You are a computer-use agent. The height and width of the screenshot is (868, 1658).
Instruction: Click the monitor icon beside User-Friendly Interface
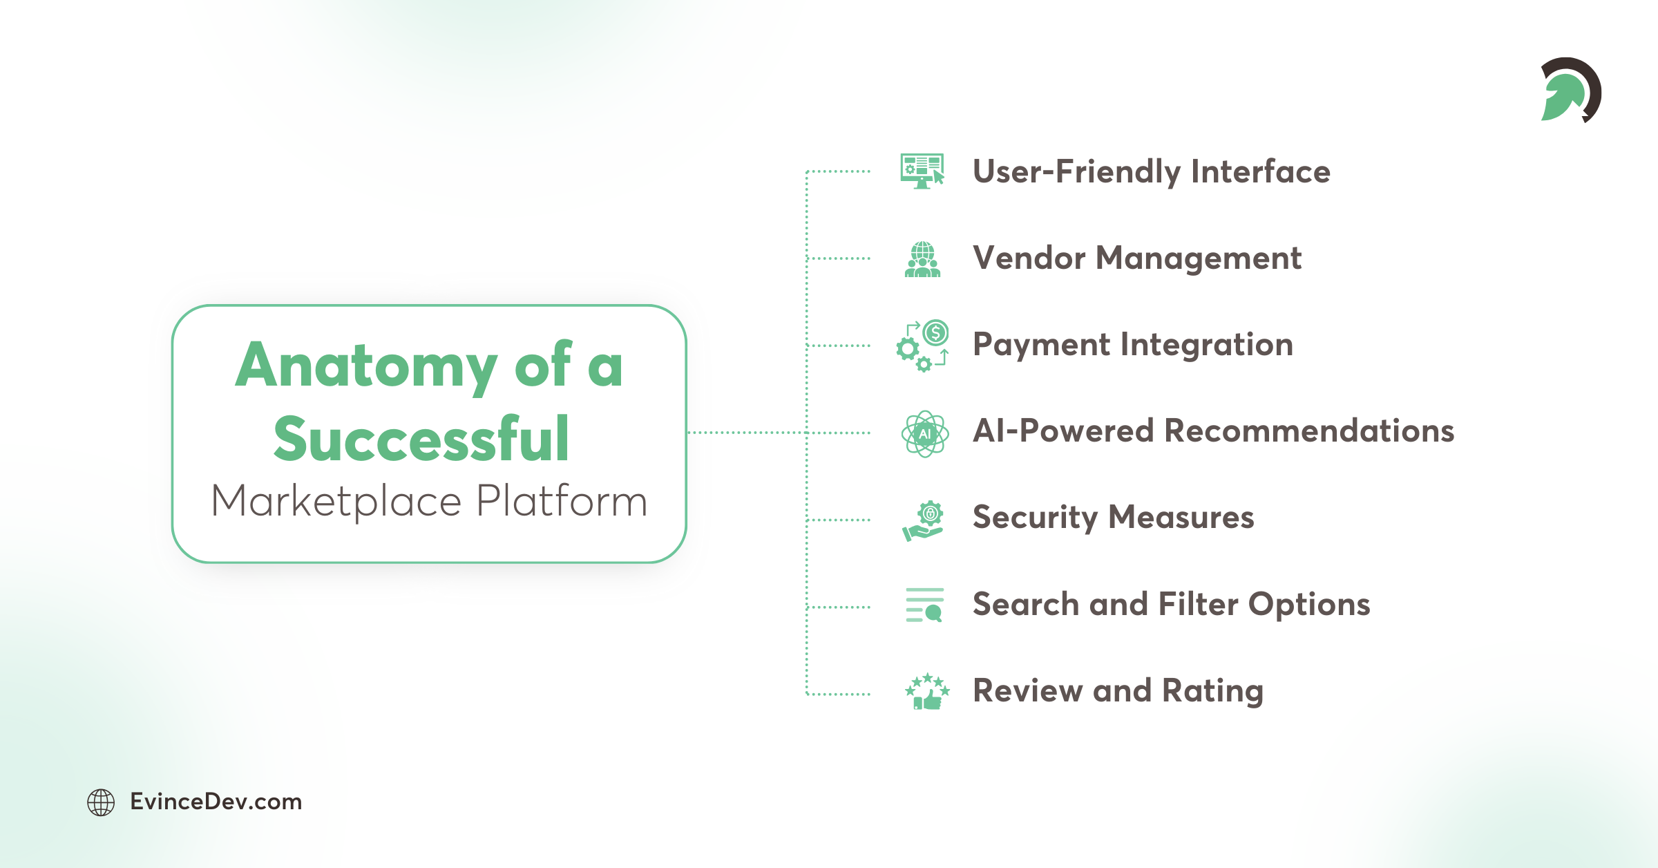(922, 171)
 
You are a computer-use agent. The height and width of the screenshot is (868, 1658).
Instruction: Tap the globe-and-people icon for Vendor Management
(922, 259)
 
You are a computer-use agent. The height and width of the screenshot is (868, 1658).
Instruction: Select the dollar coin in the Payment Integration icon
(935, 334)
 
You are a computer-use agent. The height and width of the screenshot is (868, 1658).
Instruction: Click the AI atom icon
(924, 434)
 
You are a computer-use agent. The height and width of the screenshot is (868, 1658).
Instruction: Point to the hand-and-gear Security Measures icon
(923, 521)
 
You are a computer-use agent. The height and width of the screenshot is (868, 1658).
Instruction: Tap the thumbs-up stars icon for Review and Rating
(927, 692)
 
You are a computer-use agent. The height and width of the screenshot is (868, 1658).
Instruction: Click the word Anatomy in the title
(365, 366)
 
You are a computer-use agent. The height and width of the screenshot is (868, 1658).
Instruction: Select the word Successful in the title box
(421, 440)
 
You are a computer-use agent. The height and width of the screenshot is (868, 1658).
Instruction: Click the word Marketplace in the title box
(336, 501)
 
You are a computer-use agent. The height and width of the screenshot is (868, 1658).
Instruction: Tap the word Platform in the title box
(562, 501)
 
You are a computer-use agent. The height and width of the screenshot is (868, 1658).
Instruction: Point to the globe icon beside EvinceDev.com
(101, 802)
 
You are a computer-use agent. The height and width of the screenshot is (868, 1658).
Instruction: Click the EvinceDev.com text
(216, 802)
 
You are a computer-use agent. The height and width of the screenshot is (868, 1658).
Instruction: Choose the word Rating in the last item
(1212, 691)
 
